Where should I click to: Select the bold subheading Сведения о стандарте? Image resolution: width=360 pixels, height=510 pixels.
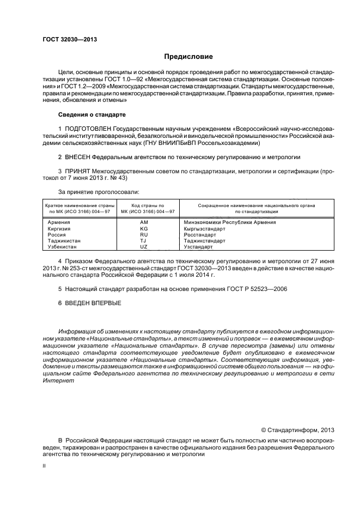91,116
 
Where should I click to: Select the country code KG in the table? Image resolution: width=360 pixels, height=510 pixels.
144,229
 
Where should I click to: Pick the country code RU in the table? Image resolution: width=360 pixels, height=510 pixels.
144,235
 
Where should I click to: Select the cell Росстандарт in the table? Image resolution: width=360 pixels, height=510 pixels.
200,235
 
